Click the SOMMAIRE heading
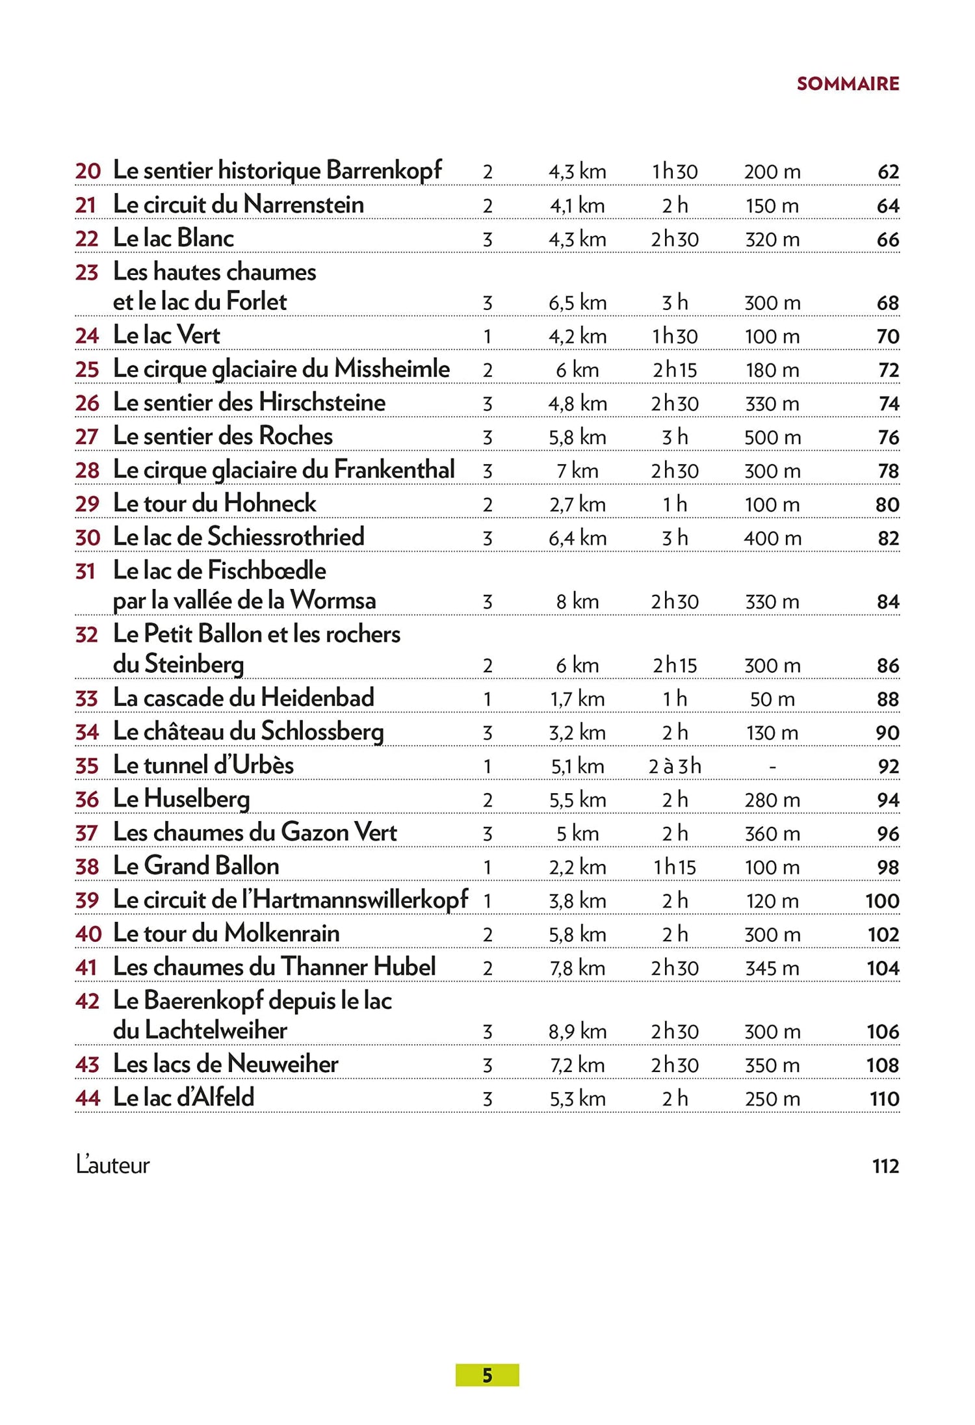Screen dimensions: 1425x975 pyautogui.click(x=848, y=84)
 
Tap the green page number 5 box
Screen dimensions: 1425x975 pyautogui.click(x=487, y=1375)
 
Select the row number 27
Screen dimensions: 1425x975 pyautogui.click(x=86, y=437)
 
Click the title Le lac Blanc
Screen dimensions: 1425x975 pyautogui.click(x=173, y=238)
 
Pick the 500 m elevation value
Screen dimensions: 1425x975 pyautogui.click(x=772, y=438)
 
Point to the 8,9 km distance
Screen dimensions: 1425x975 pyautogui.click(x=577, y=1032)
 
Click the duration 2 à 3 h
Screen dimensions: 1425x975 pyautogui.click(x=675, y=766)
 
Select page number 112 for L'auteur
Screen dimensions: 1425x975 pyautogui.click(x=885, y=1166)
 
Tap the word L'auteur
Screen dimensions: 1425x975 pyautogui.click(x=113, y=1165)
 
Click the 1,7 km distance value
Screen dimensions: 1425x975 pyautogui.click(x=577, y=699)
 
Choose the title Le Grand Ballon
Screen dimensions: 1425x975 pyautogui.click(x=196, y=866)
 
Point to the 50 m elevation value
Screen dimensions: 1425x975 pyautogui.click(x=772, y=699)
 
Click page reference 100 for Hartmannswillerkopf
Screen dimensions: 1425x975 pyautogui.click(x=882, y=901)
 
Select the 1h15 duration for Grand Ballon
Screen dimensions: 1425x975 pyautogui.click(x=675, y=867)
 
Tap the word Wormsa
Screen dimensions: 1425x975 pyautogui.click(x=333, y=600)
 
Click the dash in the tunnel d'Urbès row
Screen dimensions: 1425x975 pyautogui.click(x=772, y=767)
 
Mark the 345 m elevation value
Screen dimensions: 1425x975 pyautogui.click(x=772, y=969)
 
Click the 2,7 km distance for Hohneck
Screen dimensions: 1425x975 pyautogui.click(x=577, y=504)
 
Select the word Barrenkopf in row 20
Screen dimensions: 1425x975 pyautogui.click(x=383, y=170)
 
